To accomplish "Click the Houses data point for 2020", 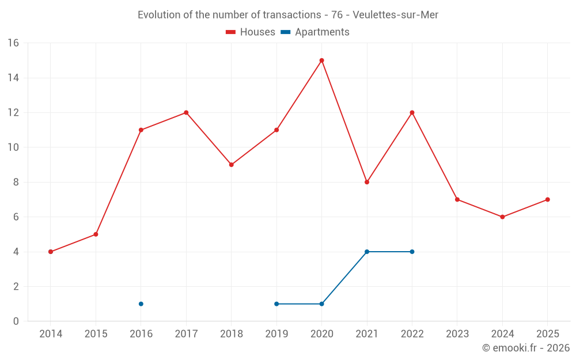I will click(321, 60).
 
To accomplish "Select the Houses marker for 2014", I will click(51, 252).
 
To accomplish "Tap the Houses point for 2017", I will click(186, 113).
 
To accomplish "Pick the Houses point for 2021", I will click(367, 182).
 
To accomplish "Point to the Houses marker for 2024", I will click(502, 217).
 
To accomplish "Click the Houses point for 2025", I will click(547, 200).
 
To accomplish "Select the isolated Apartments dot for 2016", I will click(141, 304).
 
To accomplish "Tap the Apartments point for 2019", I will click(276, 304).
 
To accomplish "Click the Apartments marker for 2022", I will click(412, 252).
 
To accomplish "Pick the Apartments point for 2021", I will click(367, 252).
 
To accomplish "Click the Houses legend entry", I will click(251, 32).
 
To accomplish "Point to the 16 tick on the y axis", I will click(13, 43).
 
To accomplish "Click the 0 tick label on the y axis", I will click(16, 321).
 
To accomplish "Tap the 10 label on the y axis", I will click(13, 147).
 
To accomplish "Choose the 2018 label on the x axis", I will click(231, 334).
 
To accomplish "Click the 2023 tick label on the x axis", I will click(457, 334).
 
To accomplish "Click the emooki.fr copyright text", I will click(525, 348).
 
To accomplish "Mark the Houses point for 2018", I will click(231, 165).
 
